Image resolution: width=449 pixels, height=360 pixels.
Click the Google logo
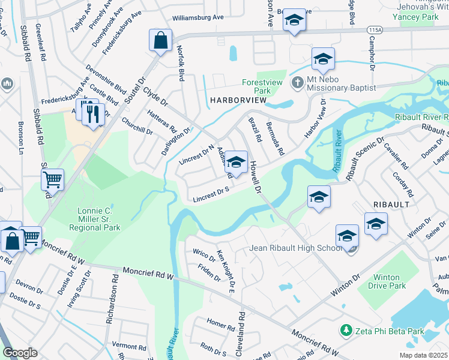tap(20, 353)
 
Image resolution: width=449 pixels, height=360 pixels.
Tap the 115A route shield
tap(375, 29)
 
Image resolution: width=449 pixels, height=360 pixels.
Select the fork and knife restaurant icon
tap(92, 113)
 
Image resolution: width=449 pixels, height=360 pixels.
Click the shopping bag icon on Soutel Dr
tap(161, 41)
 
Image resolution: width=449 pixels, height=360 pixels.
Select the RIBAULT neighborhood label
tap(393, 204)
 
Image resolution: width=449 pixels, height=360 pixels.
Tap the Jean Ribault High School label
tap(295, 248)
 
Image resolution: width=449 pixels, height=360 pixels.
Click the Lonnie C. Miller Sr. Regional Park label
tap(98, 219)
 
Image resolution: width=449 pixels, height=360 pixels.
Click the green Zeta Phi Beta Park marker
tap(345, 331)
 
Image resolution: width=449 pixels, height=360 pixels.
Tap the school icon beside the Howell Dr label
tap(237, 163)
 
